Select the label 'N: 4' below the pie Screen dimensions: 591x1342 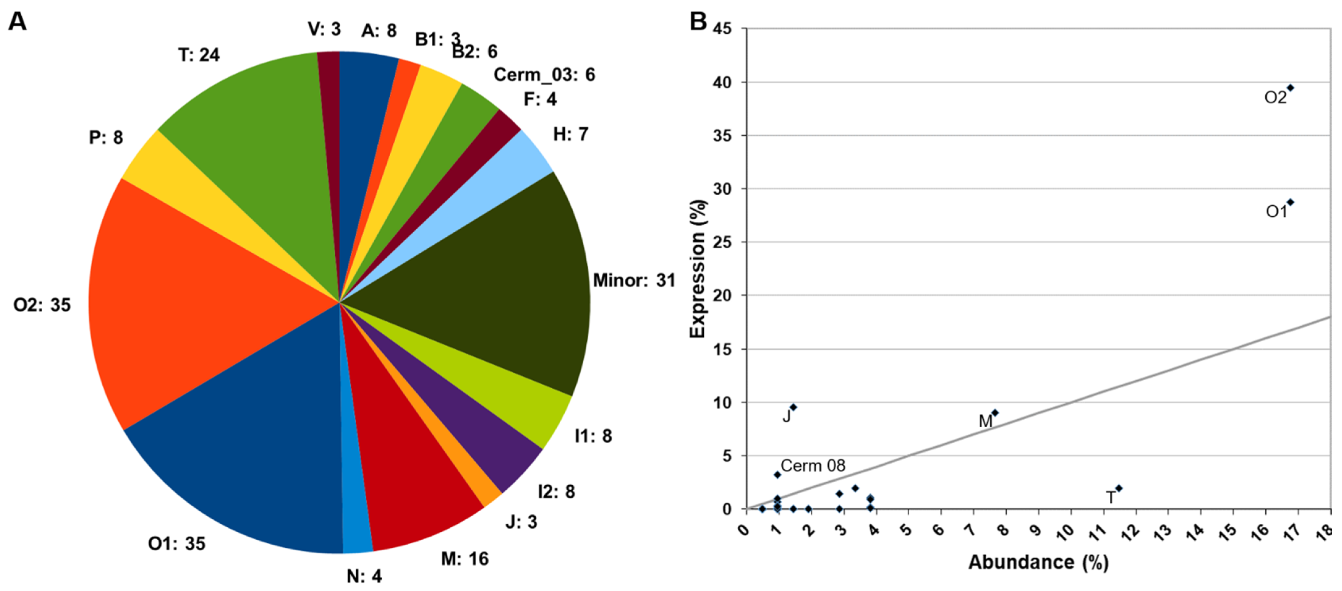(x=364, y=576)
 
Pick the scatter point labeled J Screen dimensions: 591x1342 (x=793, y=407)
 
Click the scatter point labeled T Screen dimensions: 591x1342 (x=1119, y=488)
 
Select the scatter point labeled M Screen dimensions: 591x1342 (x=995, y=412)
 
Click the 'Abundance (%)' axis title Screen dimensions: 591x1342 (x=1038, y=562)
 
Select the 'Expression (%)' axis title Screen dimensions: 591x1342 (x=697, y=268)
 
